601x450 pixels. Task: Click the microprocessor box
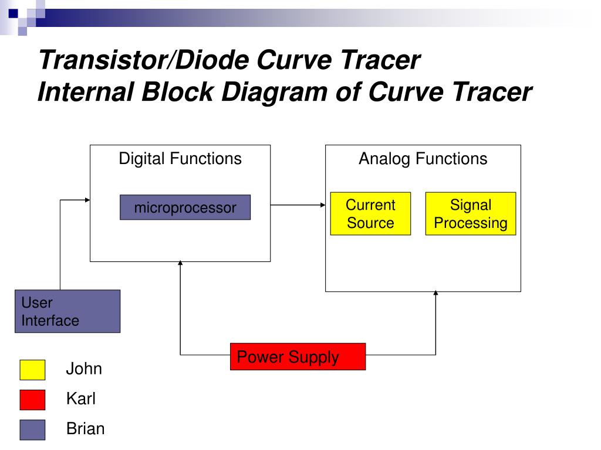point(185,207)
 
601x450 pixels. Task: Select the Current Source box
point(370,214)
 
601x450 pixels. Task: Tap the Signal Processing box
point(470,214)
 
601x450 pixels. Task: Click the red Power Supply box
point(298,357)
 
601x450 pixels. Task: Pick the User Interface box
point(67,311)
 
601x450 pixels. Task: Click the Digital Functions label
point(180,159)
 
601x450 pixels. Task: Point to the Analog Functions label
point(423,159)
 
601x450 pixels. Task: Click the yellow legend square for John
point(32,370)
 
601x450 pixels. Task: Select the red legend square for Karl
point(32,400)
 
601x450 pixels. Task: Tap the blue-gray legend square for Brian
point(32,429)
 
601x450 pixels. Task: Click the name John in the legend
point(84,369)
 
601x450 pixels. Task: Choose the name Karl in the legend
point(81,400)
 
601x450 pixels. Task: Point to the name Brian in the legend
point(86,429)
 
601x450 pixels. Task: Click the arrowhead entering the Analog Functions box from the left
point(322,204)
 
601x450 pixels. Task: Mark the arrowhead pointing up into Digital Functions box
point(180,264)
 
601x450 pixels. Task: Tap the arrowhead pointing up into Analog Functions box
point(435,294)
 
